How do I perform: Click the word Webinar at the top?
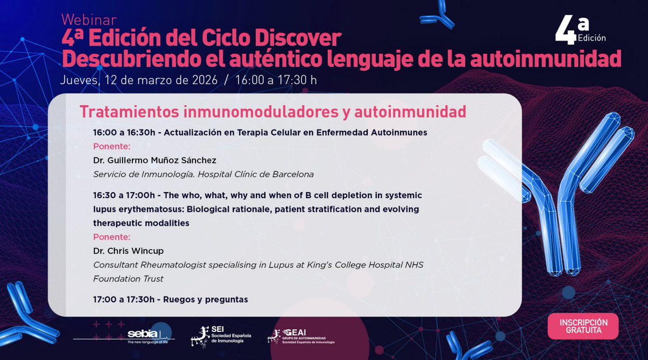(x=89, y=20)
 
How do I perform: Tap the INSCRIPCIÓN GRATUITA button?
(x=583, y=326)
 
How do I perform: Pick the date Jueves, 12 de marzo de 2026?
(x=139, y=80)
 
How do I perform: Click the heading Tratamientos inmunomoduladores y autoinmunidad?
(x=273, y=112)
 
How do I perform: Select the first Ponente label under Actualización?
(x=112, y=146)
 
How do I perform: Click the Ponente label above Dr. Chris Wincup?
(x=112, y=237)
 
